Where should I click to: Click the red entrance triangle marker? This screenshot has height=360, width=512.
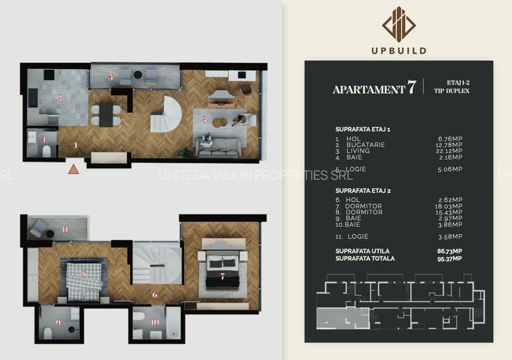pyautogui.click(x=74, y=169)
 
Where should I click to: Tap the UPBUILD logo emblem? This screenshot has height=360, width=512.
pyautogui.click(x=399, y=24)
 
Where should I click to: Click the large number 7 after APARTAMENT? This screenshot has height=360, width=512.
pyautogui.click(x=412, y=88)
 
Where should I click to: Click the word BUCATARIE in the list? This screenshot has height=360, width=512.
pyautogui.click(x=366, y=145)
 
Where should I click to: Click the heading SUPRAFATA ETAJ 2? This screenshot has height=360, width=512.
pyautogui.click(x=362, y=191)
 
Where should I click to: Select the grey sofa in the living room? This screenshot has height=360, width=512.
pyautogui.click(x=219, y=148)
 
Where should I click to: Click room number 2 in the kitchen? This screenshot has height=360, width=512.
pyautogui.click(x=59, y=98)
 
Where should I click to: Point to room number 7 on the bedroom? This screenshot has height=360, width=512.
pyautogui.click(x=222, y=276)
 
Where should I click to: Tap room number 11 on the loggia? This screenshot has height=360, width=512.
pyautogui.click(x=65, y=229)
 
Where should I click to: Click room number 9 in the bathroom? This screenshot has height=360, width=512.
pyautogui.click(x=58, y=323)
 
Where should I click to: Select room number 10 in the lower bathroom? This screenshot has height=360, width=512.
pyautogui.click(x=154, y=322)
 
